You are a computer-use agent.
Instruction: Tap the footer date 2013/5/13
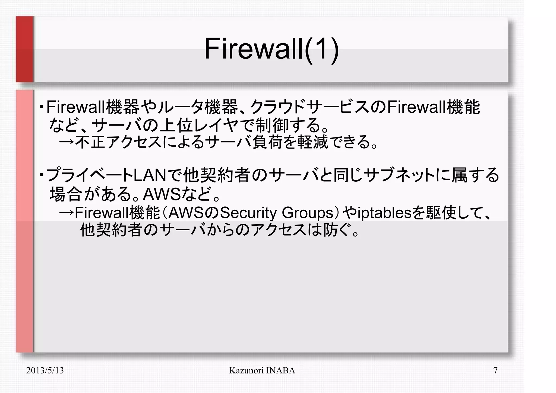tap(45, 370)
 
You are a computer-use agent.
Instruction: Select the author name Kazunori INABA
tap(262, 370)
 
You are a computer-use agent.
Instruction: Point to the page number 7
tap(495, 370)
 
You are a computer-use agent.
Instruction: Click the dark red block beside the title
tap(25, 49)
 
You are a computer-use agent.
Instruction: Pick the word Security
tap(248, 213)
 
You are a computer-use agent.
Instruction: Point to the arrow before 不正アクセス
tap(67, 142)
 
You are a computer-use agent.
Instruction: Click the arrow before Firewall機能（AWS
tap(67, 213)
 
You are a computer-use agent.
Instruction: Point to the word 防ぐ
tap(332, 231)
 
